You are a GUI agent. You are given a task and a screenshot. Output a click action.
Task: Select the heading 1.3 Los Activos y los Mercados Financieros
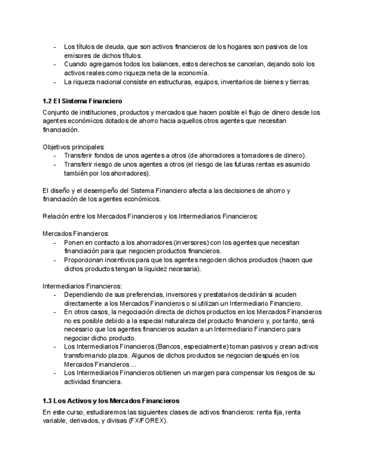point(111,401)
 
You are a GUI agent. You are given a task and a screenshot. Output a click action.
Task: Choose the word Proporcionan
point(86,260)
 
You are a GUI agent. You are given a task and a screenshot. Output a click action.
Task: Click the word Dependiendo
point(85,295)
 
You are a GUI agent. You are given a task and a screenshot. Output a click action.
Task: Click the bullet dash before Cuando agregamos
point(55,64)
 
